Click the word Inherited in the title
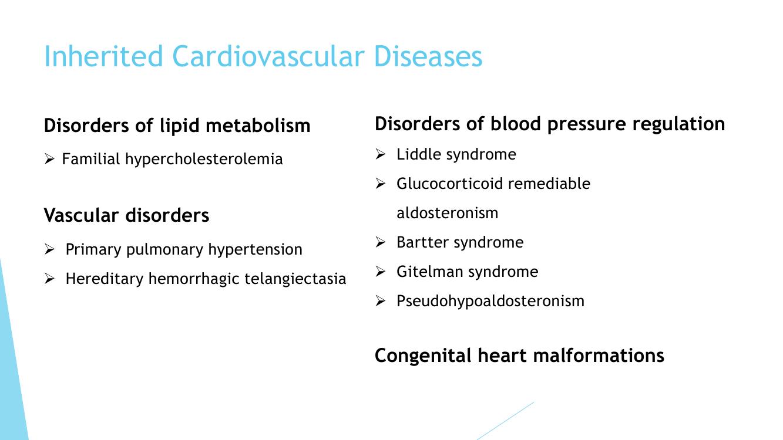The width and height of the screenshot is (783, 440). point(103,56)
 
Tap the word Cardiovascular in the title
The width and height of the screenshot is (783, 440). point(268,56)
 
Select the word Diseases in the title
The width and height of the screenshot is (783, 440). point(428,56)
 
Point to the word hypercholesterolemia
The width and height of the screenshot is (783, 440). point(204,160)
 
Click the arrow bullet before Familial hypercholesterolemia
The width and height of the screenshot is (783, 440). point(49,159)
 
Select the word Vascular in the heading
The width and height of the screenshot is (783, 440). point(81,215)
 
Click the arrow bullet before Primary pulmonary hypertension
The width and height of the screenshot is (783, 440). point(49,249)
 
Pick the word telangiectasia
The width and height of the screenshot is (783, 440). point(295,279)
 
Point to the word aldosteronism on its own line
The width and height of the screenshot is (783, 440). point(448,213)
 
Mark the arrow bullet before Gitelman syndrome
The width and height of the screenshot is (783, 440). point(380,271)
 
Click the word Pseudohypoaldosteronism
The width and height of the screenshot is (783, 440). point(490,302)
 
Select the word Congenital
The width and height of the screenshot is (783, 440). point(423,356)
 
